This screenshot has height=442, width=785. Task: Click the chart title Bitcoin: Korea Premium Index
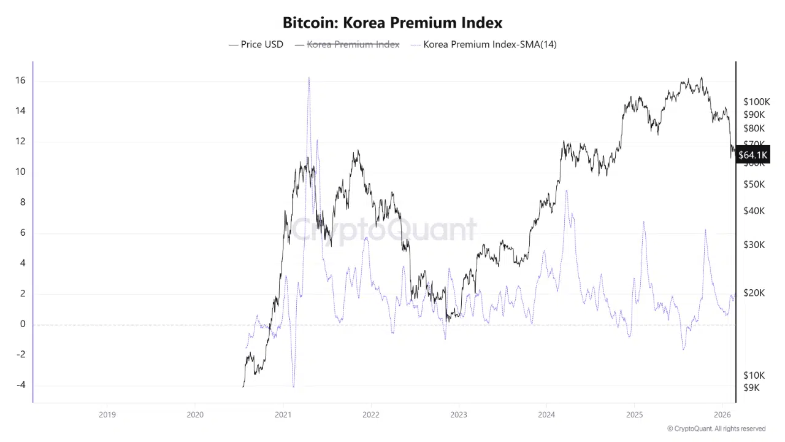point(392,23)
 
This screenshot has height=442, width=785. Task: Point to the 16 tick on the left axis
point(20,80)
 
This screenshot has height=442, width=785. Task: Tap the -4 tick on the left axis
point(20,385)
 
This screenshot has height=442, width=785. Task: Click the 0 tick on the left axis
point(22,324)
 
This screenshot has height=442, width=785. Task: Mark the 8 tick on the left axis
point(22,202)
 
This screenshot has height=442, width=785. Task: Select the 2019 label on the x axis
point(107,414)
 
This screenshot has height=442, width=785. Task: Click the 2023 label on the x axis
point(458,414)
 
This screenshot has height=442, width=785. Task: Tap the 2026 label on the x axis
point(722,414)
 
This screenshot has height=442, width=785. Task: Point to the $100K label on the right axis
point(756,102)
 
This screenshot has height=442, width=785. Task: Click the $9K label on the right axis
point(751,387)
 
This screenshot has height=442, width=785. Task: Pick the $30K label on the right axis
point(754,244)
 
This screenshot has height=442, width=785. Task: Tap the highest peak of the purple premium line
point(308,78)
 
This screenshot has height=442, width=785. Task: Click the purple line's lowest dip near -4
point(294,387)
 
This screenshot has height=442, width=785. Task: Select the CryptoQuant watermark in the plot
point(383,230)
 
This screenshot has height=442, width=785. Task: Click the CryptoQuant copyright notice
point(716,428)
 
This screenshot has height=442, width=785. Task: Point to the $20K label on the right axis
point(754,293)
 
